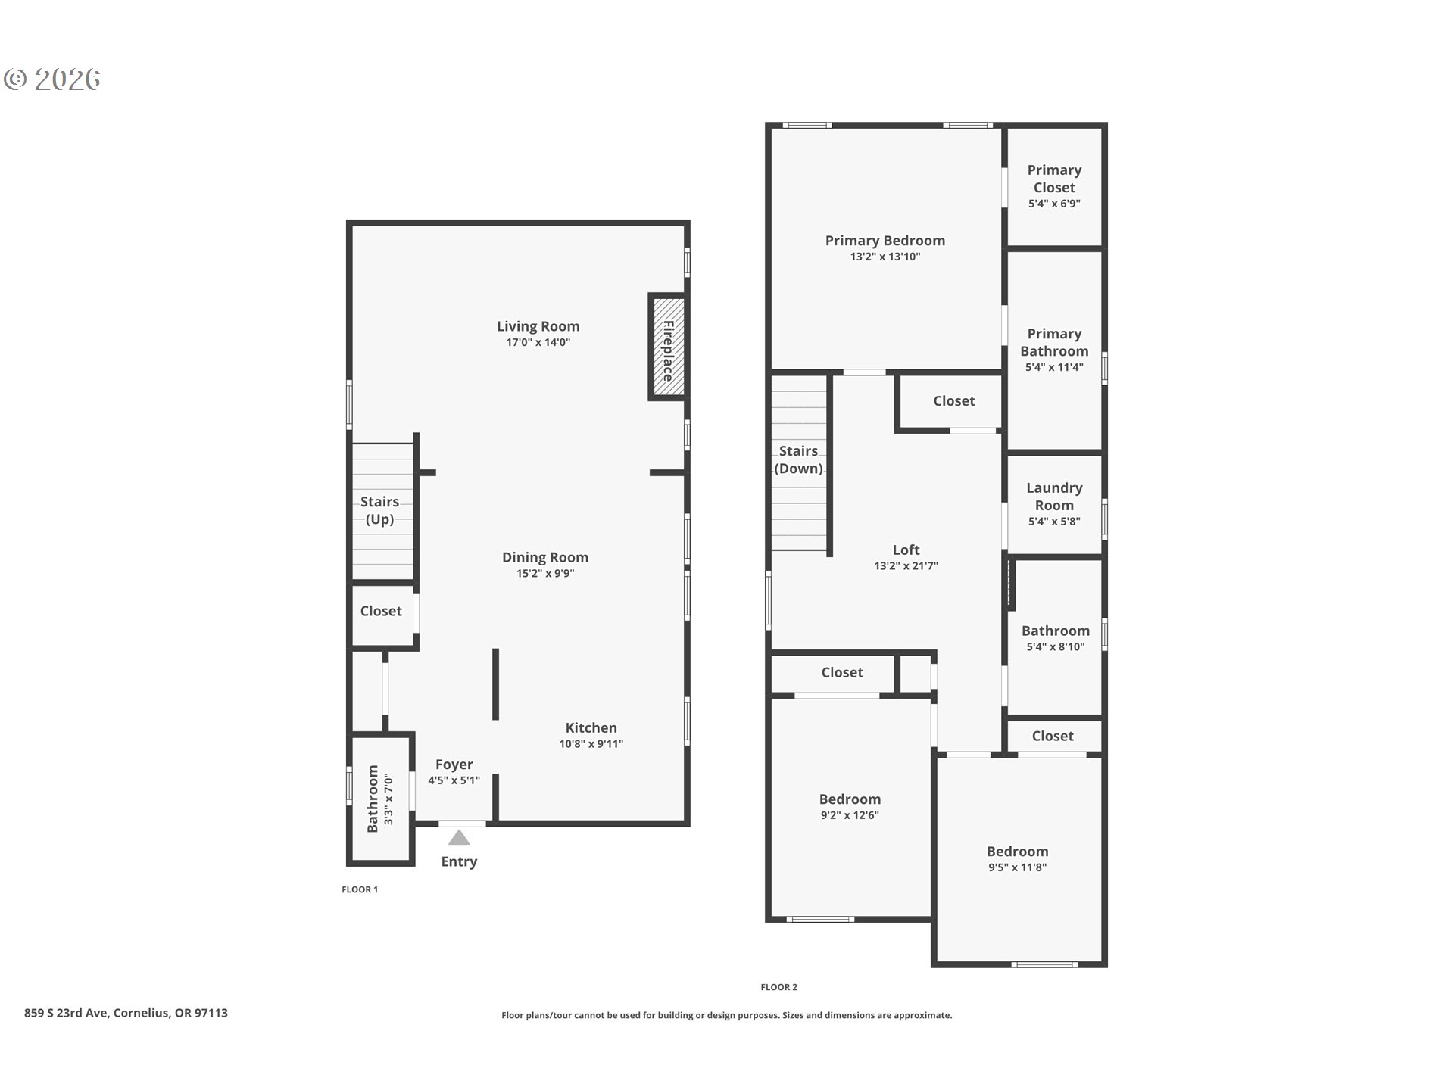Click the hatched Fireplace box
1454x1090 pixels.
click(667, 347)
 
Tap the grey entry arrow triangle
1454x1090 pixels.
click(459, 837)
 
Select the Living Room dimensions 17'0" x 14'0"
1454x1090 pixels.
click(538, 342)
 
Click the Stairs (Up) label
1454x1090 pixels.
click(379, 510)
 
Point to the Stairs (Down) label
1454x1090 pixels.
click(798, 459)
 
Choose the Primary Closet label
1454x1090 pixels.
click(1054, 179)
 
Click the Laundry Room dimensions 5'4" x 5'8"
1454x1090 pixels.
click(1054, 521)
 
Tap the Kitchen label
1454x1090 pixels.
click(591, 727)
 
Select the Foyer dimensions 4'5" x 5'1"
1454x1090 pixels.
click(454, 780)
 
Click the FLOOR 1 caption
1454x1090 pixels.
click(360, 889)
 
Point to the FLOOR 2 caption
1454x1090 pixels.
click(778, 987)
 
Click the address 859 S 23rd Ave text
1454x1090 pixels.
click(126, 1013)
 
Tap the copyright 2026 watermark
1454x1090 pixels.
click(52, 79)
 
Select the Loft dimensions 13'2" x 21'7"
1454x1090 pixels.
click(906, 565)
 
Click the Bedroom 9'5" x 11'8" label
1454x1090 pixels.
click(1017, 852)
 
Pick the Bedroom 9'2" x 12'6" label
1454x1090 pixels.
click(850, 799)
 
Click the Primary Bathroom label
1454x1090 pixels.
click(1054, 342)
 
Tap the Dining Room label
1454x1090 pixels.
click(544, 557)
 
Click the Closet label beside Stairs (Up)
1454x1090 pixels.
click(381, 611)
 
